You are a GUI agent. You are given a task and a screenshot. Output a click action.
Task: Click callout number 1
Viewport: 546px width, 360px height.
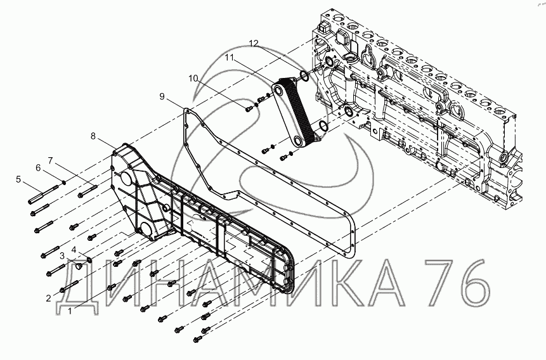(70, 311)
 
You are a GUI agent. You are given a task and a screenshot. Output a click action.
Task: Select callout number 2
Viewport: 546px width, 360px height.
(48, 297)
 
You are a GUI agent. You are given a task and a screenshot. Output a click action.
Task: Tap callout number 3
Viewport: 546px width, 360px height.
(63, 255)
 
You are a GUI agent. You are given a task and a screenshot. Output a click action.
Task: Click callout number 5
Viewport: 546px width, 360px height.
(20, 180)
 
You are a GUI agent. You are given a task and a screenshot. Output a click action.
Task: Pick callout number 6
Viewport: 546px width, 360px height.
(37, 167)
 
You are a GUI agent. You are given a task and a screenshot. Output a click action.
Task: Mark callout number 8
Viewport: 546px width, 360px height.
(93, 136)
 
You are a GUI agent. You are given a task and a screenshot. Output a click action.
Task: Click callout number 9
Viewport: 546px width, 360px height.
(162, 96)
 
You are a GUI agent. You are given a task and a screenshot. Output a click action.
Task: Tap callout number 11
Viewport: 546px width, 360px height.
(228, 57)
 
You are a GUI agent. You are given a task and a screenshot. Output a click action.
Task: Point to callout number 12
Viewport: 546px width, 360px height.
(254, 43)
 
